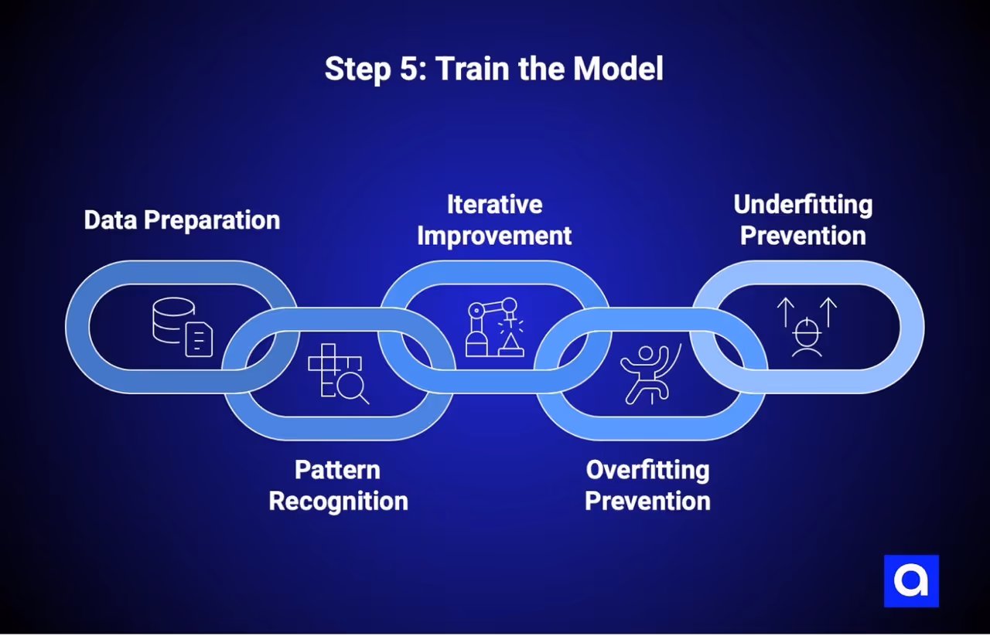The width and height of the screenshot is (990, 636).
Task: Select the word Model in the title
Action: [618, 69]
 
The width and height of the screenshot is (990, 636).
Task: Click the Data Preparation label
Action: [182, 220]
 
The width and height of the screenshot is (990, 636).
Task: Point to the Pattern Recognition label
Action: [338, 485]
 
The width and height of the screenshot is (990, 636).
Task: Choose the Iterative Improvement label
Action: [494, 220]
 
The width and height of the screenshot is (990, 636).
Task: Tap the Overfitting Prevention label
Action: [647, 485]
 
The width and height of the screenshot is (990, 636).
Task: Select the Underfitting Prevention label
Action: [803, 220]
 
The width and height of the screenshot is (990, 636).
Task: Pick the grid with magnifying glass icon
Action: [338, 372]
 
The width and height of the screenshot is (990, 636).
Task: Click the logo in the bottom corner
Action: [911, 581]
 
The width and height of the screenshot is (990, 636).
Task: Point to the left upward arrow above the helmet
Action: [786, 311]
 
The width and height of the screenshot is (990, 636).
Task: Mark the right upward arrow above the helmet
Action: [828, 311]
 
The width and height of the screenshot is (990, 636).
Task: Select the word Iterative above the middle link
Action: [494, 205]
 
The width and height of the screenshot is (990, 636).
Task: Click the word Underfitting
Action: [803, 205]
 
